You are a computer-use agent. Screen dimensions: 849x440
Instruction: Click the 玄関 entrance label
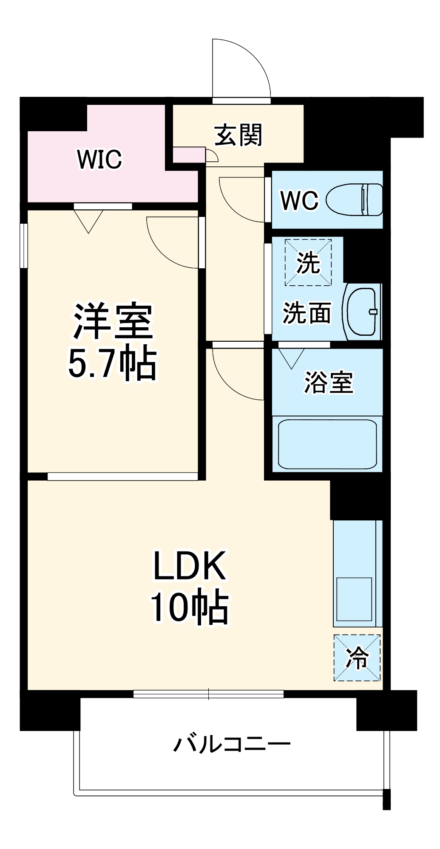coord(238,135)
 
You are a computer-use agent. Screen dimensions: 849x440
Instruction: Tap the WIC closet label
coord(99,159)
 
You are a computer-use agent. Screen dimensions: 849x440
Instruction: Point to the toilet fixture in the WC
coord(355,200)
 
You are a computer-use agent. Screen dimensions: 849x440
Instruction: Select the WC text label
coord(299,200)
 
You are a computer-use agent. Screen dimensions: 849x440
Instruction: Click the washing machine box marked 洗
coord(308,262)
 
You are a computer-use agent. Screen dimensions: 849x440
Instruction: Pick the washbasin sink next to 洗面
coord(362,312)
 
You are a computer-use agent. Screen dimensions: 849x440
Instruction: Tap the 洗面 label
coord(307,313)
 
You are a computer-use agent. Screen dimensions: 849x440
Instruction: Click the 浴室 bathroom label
coord(328,382)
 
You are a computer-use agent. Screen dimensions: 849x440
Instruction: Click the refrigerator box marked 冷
coord(357,658)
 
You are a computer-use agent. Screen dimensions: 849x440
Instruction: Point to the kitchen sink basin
coord(354,599)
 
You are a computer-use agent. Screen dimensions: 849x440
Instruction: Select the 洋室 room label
coord(113,321)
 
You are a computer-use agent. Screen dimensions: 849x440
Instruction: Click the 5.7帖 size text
coord(113,364)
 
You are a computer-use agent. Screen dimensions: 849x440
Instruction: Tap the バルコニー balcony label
coord(232,744)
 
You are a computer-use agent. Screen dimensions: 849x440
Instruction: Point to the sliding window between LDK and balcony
coord(208,694)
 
